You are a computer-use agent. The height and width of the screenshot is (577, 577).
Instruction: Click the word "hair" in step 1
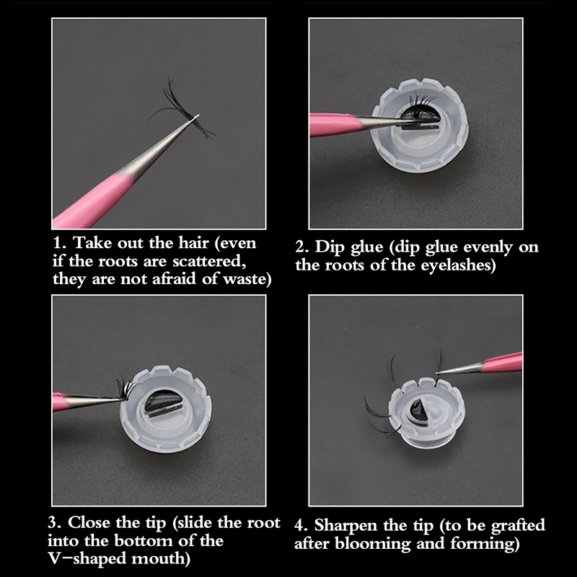[x=193, y=243]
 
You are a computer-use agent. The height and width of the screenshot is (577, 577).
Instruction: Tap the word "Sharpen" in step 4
[x=346, y=526]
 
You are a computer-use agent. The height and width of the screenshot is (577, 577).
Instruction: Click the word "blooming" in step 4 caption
[x=372, y=544]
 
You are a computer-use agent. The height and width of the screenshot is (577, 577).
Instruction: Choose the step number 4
[x=301, y=526]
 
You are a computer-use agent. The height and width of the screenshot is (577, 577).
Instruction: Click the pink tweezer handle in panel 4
[x=502, y=363]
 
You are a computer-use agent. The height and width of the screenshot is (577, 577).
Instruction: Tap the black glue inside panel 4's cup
[x=418, y=410]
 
